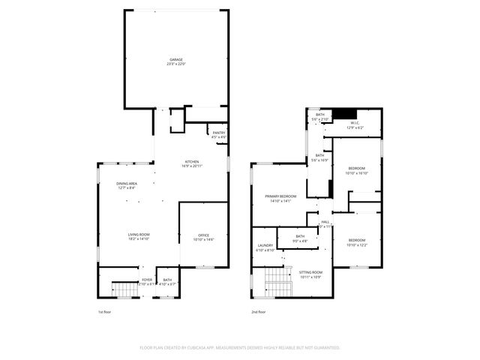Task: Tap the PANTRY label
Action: (218, 135)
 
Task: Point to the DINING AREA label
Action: (126, 185)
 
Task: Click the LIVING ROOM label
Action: (139, 236)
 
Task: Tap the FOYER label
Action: (147, 281)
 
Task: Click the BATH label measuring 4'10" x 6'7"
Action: (167, 281)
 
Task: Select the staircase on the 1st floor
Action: (121, 287)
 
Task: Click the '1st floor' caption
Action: (106, 312)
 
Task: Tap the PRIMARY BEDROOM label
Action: (277, 198)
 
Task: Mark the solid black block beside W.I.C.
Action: (344, 114)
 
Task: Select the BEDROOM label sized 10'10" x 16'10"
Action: (356, 169)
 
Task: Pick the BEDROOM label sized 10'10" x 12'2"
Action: (357, 242)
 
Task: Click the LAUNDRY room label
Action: (265, 247)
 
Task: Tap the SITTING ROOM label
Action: (310, 274)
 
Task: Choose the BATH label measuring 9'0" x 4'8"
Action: (300, 238)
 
